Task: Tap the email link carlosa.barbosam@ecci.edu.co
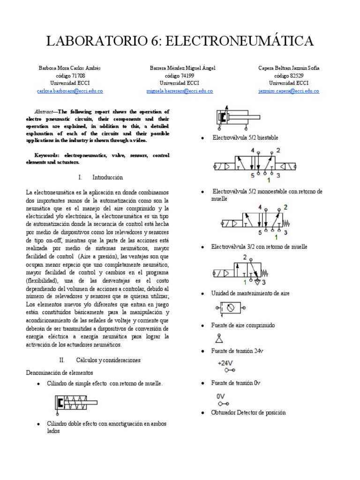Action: click(x=70, y=91)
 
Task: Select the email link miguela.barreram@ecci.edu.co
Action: click(x=180, y=91)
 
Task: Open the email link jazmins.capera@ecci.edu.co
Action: click(x=289, y=91)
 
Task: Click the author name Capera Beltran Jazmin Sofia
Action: click(x=289, y=68)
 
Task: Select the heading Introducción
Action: click(x=107, y=178)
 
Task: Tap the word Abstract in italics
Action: click(x=46, y=112)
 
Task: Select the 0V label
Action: click(x=221, y=396)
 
